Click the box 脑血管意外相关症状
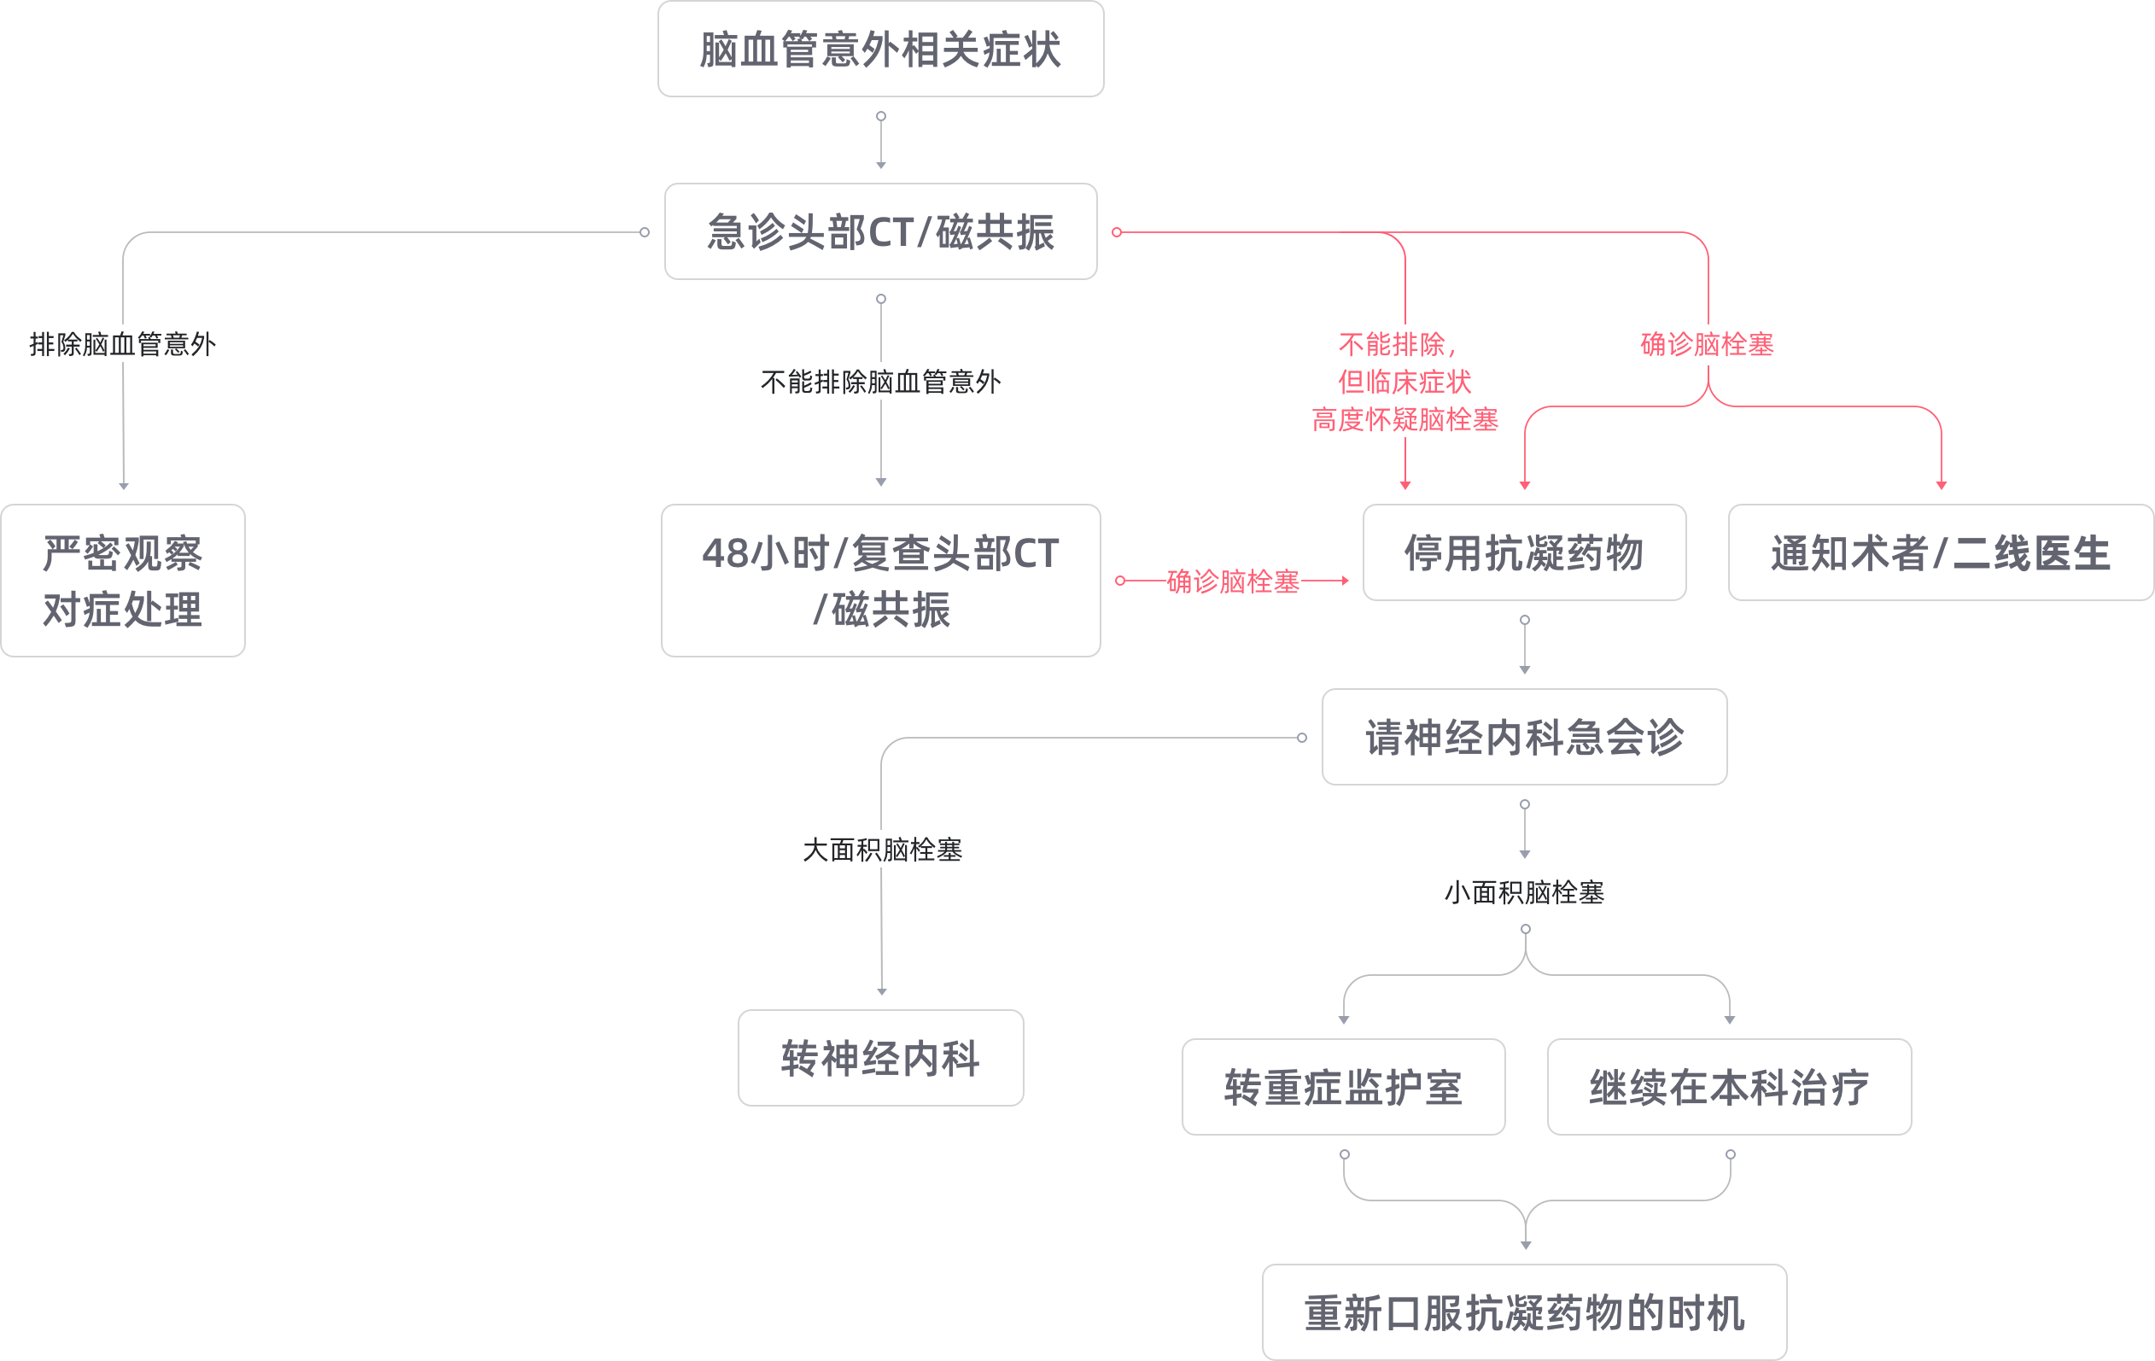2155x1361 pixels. click(880, 50)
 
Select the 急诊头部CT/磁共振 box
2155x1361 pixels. click(880, 231)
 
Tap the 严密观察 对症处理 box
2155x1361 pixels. click(123, 581)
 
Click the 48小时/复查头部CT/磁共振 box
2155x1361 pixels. click(880, 581)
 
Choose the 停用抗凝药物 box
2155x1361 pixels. click(1524, 553)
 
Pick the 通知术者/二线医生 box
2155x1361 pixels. click(1940, 553)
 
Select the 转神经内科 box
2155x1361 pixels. click(880, 1059)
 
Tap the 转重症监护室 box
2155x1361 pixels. click(1343, 1087)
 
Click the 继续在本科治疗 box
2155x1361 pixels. click(1729, 1087)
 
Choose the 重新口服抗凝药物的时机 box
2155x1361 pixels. click(1524, 1312)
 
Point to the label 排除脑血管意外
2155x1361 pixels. click(123, 344)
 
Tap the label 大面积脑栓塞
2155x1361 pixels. click(882, 850)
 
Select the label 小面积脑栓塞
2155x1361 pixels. click(1524, 893)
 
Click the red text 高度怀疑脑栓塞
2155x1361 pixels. click(1405, 420)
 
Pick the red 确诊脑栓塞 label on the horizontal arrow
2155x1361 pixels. click(1233, 581)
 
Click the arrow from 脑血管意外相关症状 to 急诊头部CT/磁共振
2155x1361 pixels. click(880, 142)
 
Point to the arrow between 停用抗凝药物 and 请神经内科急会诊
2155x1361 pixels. click(1525, 645)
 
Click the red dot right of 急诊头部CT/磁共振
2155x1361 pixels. click(1117, 232)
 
